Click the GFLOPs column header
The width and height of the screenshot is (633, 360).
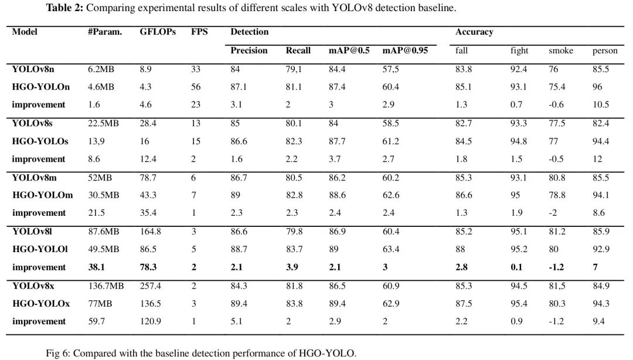(x=158, y=32)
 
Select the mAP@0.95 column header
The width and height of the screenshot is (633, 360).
(x=405, y=50)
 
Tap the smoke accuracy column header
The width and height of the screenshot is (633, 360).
(x=561, y=51)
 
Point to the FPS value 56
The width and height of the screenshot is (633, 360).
(x=196, y=87)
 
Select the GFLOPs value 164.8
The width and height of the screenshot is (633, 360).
(x=151, y=232)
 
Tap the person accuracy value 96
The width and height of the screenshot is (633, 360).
(x=598, y=87)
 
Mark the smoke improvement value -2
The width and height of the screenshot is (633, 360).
(x=553, y=213)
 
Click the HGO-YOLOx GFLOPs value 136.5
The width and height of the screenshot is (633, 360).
(x=150, y=304)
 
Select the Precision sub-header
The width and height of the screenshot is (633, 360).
(x=249, y=50)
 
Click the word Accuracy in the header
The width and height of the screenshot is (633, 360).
(x=474, y=32)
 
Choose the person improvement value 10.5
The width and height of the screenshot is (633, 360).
(x=601, y=105)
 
